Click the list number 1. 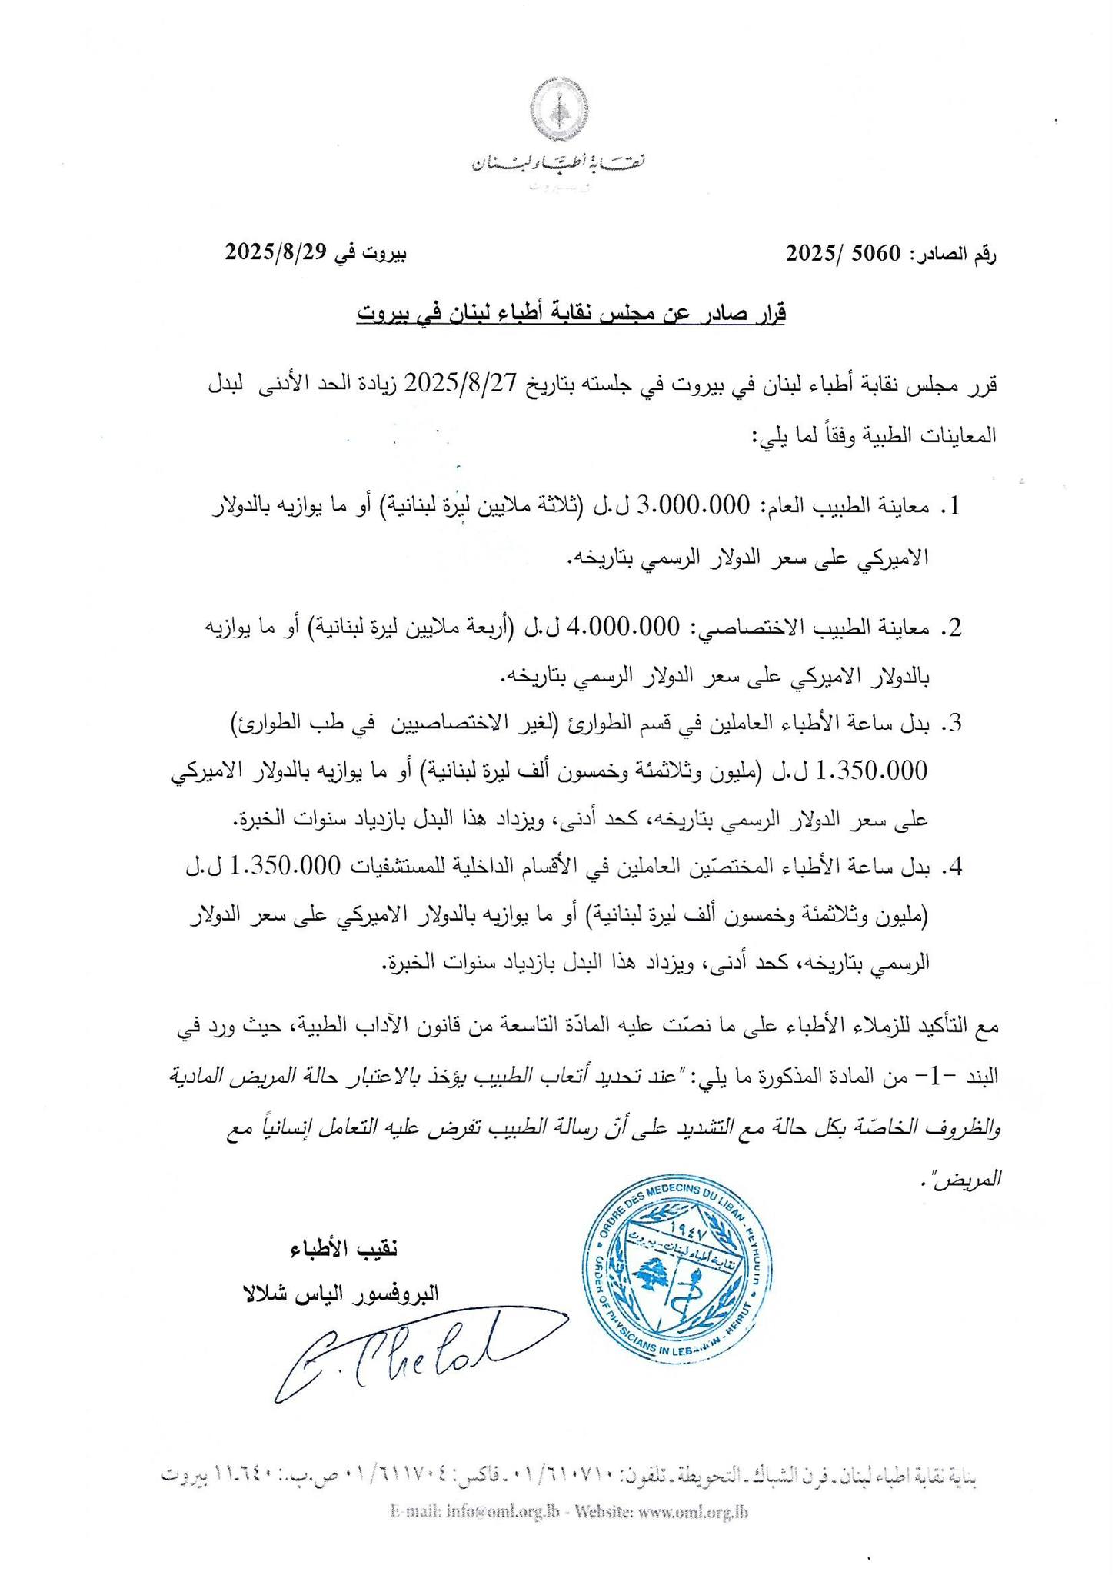pos(954,507)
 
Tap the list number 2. pos(954,628)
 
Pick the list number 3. pos(954,723)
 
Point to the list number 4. pos(954,867)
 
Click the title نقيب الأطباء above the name pos(344,1247)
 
